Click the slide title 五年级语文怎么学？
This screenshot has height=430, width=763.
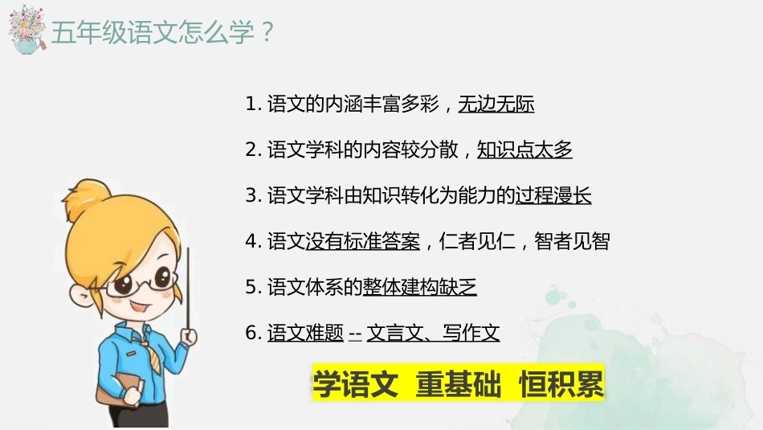point(163,33)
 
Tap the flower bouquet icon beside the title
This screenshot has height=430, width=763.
point(27,30)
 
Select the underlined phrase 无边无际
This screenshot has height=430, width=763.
point(496,104)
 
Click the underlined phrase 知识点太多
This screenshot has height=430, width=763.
point(524,149)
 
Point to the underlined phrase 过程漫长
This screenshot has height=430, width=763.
point(553,195)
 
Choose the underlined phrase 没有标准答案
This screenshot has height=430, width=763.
point(362,241)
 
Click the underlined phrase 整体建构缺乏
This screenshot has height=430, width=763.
point(419,287)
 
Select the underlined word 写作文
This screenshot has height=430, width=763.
point(471,333)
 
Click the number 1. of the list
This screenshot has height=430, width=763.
point(254,104)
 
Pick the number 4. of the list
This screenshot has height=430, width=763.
point(254,241)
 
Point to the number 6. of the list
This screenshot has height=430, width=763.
point(254,333)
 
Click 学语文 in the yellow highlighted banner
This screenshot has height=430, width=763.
point(355,383)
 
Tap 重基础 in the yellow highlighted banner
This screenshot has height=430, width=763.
point(459,383)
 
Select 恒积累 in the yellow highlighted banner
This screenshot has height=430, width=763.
point(561,383)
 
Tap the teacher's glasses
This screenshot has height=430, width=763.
point(141,282)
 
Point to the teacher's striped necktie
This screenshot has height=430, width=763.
point(152,356)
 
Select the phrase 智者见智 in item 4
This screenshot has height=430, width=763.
point(572,241)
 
